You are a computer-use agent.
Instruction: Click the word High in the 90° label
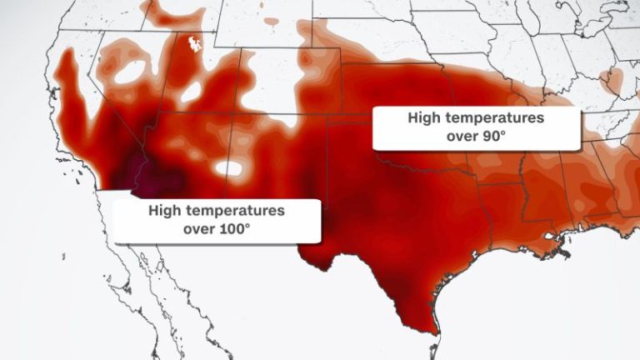(x=424, y=118)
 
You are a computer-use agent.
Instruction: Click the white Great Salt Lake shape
(x=197, y=42)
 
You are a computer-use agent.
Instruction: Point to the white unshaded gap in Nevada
(x=127, y=72)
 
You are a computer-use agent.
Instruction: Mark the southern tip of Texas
(x=430, y=327)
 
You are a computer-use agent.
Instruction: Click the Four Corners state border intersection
(x=242, y=112)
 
